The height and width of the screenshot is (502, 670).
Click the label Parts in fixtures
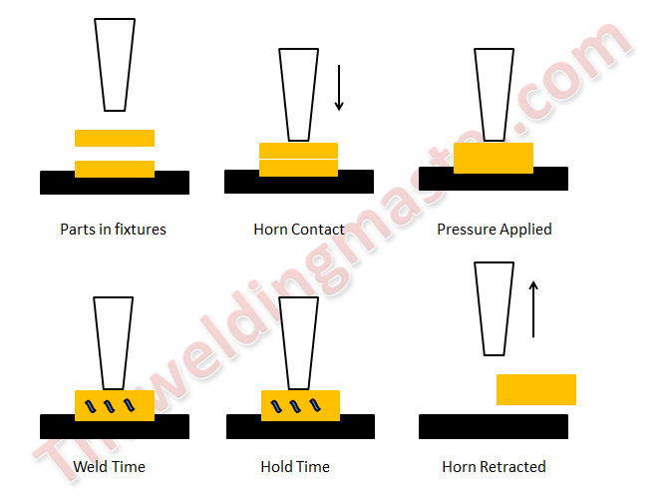(113, 230)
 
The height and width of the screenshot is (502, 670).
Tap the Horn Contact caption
(299, 230)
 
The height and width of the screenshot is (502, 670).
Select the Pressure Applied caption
(495, 230)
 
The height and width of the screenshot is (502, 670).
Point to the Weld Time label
(109, 466)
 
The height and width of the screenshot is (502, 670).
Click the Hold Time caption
(295, 466)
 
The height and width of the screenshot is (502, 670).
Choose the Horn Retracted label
(494, 466)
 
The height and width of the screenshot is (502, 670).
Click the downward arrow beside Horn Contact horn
(339, 88)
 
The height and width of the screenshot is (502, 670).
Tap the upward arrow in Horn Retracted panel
(533, 309)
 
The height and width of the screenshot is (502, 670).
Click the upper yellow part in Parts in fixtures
(115, 138)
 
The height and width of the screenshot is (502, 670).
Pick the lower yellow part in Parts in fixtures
(115, 169)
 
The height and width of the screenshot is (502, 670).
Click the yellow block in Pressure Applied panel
(494, 158)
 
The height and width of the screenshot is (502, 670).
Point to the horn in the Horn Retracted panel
(494, 308)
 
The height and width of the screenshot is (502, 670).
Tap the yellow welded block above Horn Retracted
(536, 389)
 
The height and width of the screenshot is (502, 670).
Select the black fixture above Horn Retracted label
(494, 426)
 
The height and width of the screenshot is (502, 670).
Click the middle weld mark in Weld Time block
(110, 406)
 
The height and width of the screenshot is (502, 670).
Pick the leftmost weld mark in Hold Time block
(276, 406)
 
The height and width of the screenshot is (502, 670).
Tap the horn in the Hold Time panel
(299, 343)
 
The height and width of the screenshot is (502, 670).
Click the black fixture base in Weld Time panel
(115, 429)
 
